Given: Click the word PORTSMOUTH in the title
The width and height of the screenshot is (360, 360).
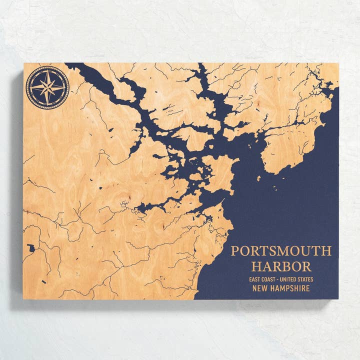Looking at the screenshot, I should coord(280,251).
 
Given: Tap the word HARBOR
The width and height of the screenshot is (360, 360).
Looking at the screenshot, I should coord(281,266).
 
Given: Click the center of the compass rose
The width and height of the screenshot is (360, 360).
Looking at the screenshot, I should coord(47,87).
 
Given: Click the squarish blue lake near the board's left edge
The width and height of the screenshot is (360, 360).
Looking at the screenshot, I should coord(32,247).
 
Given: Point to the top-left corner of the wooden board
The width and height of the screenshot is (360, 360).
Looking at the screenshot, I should coord(23,63).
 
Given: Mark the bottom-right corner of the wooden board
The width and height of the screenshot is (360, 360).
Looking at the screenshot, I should coord(338,298).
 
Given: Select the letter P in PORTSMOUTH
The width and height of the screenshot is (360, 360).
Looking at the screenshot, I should coord(235,251).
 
